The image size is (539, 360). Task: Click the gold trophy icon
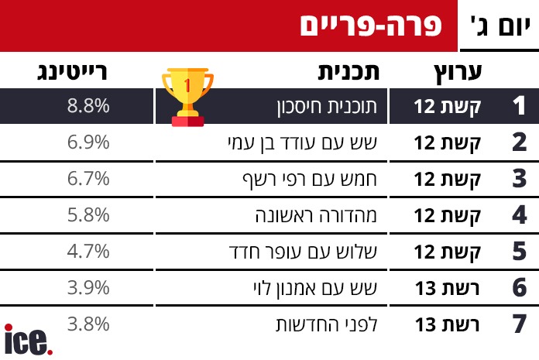(187, 98)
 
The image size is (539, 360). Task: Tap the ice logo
(28, 340)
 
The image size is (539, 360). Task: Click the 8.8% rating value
(88, 105)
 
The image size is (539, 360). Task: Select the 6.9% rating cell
(88, 142)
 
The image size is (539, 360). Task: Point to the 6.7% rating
(88, 179)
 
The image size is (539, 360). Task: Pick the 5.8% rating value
(88, 215)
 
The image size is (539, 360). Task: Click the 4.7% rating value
(88, 252)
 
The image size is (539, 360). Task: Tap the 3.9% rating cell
(88, 288)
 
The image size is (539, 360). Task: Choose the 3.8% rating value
(88, 324)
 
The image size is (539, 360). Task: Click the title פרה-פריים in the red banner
(370, 26)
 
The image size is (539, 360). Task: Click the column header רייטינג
(72, 72)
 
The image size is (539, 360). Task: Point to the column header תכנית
(348, 72)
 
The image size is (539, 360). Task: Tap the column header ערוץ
(458, 73)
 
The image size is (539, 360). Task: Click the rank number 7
(520, 324)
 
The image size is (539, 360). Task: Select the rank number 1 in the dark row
(519, 105)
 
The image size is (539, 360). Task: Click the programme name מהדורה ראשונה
(316, 215)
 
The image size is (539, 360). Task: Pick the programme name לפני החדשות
(327, 324)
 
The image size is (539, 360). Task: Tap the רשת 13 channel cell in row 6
(447, 288)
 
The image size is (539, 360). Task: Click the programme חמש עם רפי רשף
(310, 180)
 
